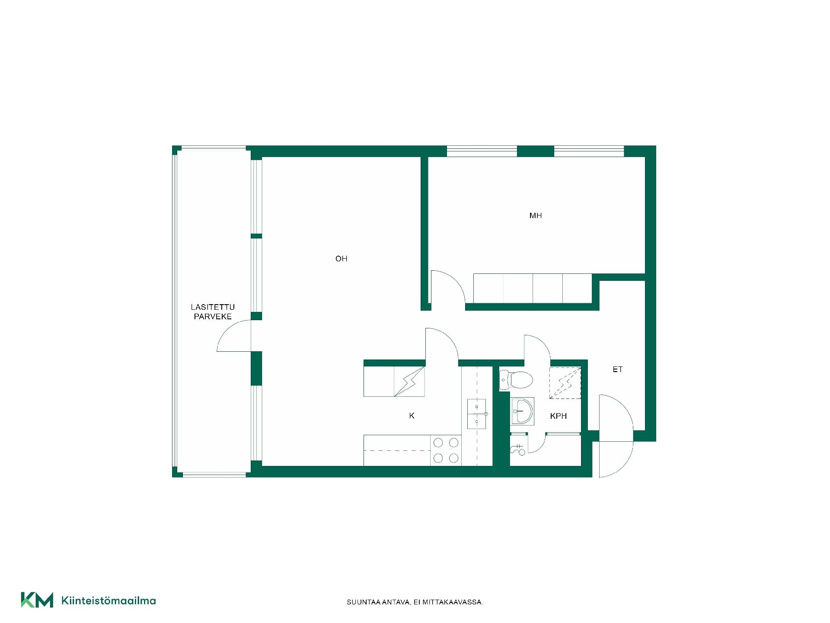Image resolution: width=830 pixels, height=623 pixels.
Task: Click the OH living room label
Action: click(341, 259)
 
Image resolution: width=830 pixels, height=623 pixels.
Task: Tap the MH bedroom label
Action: click(536, 215)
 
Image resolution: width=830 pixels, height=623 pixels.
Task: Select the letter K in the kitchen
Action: click(412, 416)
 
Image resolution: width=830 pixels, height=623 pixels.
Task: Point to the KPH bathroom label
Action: click(558, 416)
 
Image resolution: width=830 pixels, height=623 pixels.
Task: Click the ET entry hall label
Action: click(617, 369)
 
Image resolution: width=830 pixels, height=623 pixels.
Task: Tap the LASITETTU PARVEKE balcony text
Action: click(213, 311)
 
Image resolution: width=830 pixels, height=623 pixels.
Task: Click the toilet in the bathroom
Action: click(516, 380)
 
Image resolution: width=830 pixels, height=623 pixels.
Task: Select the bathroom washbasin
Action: click(522, 411)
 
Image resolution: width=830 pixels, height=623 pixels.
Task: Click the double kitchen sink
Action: click(477, 414)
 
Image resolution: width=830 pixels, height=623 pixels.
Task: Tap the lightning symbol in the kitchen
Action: click(409, 381)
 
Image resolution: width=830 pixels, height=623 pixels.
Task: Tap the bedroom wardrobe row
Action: click(533, 288)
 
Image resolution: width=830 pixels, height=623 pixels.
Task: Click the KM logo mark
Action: click(37, 600)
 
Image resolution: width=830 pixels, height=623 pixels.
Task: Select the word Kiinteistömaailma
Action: click(109, 601)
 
